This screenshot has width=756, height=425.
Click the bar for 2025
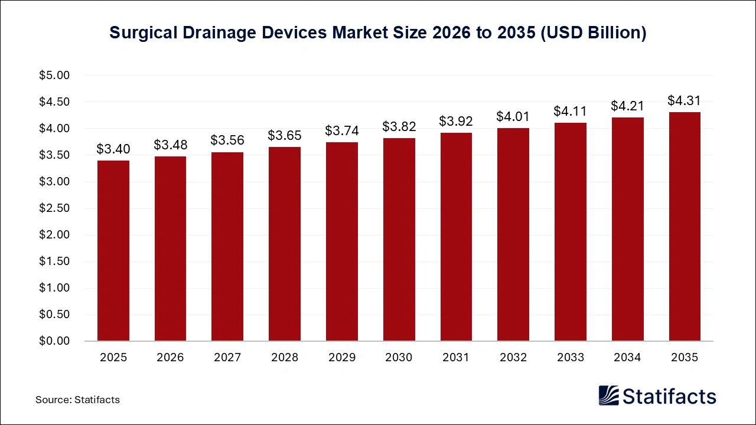[x=113, y=251]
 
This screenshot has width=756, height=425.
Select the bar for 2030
[x=399, y=240]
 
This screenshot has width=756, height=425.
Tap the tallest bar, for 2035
[x=685, y=227]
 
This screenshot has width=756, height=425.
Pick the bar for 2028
[x=285, y=244]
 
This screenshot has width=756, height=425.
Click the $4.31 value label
[x=684, y=101]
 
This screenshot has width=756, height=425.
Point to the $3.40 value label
[x=113, y=149]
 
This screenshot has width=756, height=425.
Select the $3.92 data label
[x=455, y=122]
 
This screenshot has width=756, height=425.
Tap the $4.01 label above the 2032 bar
[x=513, y=117]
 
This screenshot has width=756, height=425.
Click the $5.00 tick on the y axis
[x=54, y=76]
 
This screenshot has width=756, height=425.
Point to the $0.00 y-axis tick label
[x=54, y=341]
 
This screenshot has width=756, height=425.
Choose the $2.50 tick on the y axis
[x=54, y=208]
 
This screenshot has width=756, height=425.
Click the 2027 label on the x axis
[x=227, y=358]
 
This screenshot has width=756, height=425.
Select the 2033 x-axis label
[x=570, y=358]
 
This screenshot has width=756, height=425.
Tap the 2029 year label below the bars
[x=341, y=358]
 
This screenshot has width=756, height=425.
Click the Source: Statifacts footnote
[x=77, y=400]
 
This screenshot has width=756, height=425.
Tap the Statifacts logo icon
[x=608, y=396]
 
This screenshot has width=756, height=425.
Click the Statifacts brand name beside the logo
[x=669, y=396]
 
